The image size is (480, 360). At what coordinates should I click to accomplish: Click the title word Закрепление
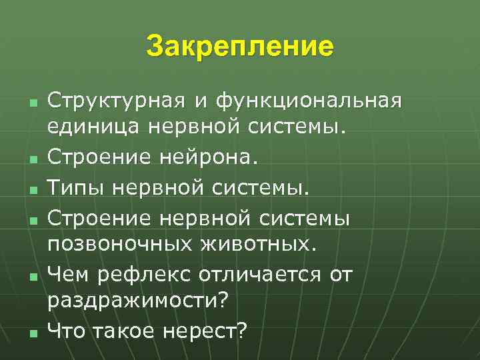(239, 47)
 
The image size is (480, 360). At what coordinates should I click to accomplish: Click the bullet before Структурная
(33, 104)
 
